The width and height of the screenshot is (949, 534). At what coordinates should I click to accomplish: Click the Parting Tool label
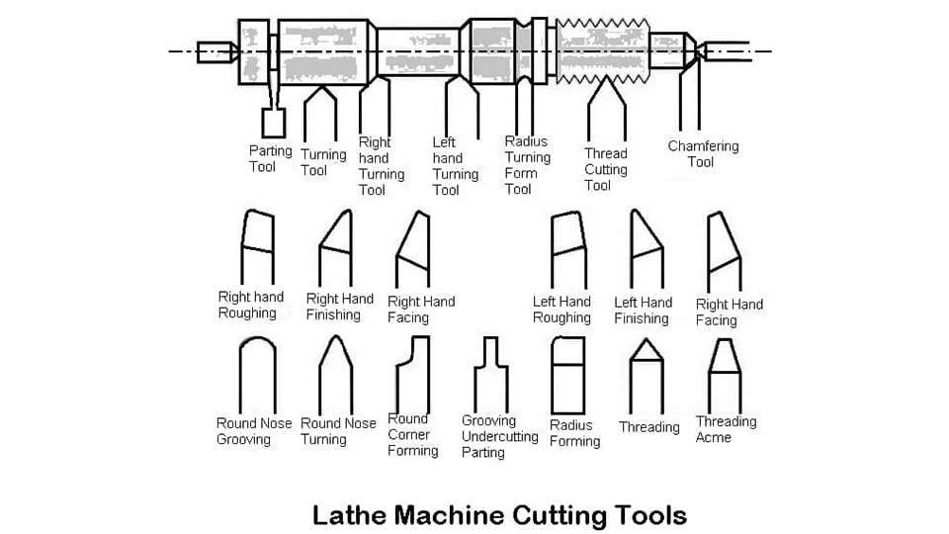pyautogui.click(x=270, y=159)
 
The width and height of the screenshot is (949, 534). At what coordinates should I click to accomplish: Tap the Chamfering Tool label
pyautogui.click(x=702, y=154)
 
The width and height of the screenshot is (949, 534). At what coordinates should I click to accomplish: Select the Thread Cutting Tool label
pyautogui.click(x=605, y=169)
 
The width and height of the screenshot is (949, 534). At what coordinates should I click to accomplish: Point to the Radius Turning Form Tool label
pyautogui.click(x=527, y=165)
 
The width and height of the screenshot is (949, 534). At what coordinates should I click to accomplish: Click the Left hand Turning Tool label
pyautogui.click(x=455, y=166)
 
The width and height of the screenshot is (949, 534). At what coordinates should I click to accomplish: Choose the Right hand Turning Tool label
pyautogui.click(x=381, y=166)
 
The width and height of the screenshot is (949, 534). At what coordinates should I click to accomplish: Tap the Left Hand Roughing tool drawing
pyautogui.click(x=568, y=248)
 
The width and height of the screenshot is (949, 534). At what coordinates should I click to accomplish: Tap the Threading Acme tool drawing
pyautogui.click(x=725, y=375)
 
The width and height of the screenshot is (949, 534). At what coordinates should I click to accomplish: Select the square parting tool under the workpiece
pyautogui.click(x=273, y=123)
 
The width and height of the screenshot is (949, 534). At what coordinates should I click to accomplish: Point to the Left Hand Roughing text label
pyautogui.click(x=561, y=310)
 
